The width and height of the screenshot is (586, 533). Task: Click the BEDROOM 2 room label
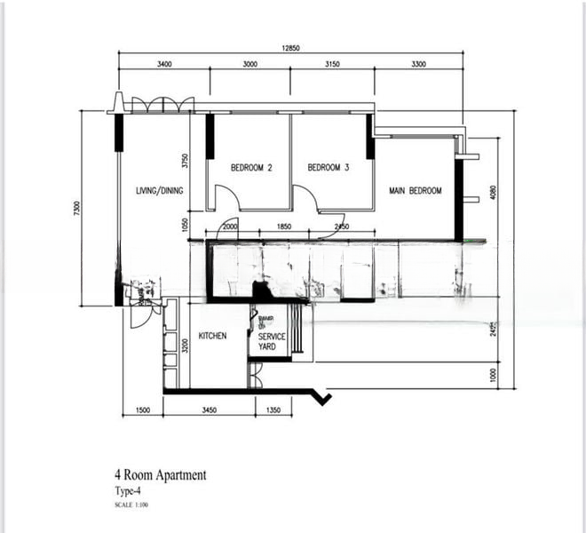tap(251, 168)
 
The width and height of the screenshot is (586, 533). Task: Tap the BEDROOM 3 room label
tap(329, 168)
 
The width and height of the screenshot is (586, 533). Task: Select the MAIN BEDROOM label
tap(415, 191)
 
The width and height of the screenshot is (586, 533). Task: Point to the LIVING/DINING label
tap(160, 191)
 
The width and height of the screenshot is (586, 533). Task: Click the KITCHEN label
tap(212, 337)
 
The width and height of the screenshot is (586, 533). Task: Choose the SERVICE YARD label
tap(272, 342)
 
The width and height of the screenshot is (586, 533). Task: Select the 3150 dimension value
tap(333, 64)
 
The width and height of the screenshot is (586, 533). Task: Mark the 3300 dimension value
tap(418, 64)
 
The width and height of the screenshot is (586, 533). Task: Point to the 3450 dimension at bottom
tap(210, 410)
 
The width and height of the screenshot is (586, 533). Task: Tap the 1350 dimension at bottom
tap(273, 410)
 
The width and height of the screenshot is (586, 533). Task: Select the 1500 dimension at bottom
tap(142, 410)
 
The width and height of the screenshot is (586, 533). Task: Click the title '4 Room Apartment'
tap(160, 475)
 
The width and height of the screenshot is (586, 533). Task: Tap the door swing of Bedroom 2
tap(224, 198)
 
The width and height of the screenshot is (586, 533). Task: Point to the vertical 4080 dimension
tap(493, 193)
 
